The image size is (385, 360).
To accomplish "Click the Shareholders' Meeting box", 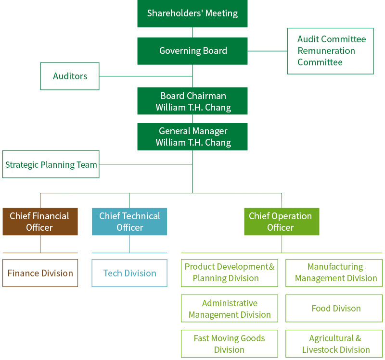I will tap(192, 13).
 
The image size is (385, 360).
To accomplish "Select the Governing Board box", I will tap(192, 51).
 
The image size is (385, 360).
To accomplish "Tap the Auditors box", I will tap(70, 76).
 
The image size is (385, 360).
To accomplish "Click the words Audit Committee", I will tap(332, 39).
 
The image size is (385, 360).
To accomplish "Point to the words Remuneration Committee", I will tap(326, 57).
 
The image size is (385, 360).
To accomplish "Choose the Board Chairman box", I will tap(192, 101).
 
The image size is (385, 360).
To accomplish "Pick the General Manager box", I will tap(192, 137).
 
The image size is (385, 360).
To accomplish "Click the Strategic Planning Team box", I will tap(51, 164).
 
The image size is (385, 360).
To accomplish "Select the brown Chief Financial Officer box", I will tap(40, 222).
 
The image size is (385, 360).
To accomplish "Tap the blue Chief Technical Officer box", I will tap(129, 222).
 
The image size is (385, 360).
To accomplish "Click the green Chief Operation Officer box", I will tap(282, 222).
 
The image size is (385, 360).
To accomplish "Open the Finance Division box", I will tap(40, 273).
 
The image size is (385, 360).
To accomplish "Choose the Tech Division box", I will tap(129, 273).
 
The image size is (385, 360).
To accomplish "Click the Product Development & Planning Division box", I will tap(230, 273).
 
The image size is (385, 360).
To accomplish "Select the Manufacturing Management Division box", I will tap(334, 273).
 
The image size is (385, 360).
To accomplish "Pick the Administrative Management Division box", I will tap(230, 309).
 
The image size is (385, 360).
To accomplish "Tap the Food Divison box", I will tap(334, 309).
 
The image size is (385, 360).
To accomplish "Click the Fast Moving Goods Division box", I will tap(230, 344).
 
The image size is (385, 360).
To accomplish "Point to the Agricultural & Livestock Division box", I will tap(334, 344).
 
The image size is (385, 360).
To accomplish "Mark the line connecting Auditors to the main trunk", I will tap(144, 76).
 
